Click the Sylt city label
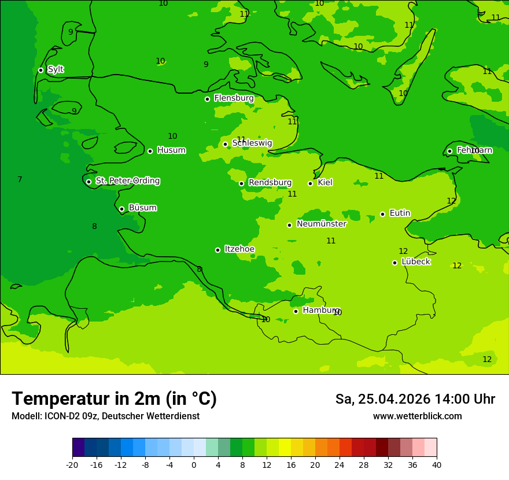pos(56,69)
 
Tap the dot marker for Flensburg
pos(207,99)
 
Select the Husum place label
pos(171,150)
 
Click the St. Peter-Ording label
pos(127,181)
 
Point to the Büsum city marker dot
pos(121,209)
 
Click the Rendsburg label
pos(270,183)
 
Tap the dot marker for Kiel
pos(310,183)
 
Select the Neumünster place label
pos(321,224)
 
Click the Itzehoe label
pos(239,249)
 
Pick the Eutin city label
pos(400,213)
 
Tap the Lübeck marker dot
pos(394,263)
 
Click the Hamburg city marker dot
pos(296,311)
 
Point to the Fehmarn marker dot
pos(449,151)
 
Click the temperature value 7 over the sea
pos(20,180)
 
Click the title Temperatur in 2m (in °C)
pos(114,399)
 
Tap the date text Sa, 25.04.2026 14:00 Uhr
pos(415,399)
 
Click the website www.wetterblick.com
pos(417,416)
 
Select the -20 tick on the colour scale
pos(72,465)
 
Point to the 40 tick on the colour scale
pos(436,465)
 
